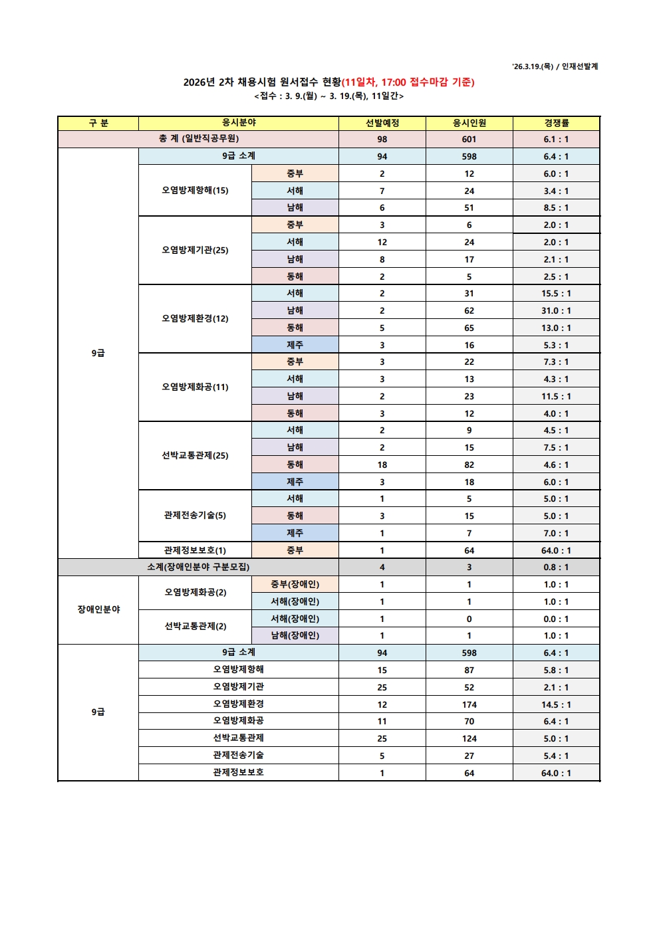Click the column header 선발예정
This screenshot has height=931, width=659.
[382, 123]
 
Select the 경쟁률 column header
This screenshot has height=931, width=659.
[556, 123]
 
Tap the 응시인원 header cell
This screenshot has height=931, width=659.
[469, 123]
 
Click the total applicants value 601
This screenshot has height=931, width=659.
[469, 139]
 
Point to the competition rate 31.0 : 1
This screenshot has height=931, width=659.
[556, 310]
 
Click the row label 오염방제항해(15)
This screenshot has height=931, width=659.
[195, 191]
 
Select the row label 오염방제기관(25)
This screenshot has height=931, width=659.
[195, 251]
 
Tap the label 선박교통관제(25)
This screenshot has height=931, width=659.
[195, 456]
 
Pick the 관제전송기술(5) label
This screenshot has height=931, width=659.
[195, 516]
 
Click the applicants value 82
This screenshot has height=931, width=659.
[469, 465]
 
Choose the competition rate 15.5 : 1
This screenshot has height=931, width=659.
[556, 293]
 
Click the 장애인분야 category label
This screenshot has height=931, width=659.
[98, 609]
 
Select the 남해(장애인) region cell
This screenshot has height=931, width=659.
[295, 635]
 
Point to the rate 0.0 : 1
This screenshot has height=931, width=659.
[556, 619]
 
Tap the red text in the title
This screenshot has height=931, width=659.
[408, 82]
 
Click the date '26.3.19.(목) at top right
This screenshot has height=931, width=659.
[533, 66]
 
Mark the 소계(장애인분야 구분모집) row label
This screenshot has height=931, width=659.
[198, 567]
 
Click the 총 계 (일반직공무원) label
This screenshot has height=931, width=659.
[198, 139]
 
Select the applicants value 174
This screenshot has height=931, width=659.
[469, 704]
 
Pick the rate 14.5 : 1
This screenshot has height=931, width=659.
[556, 704]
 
